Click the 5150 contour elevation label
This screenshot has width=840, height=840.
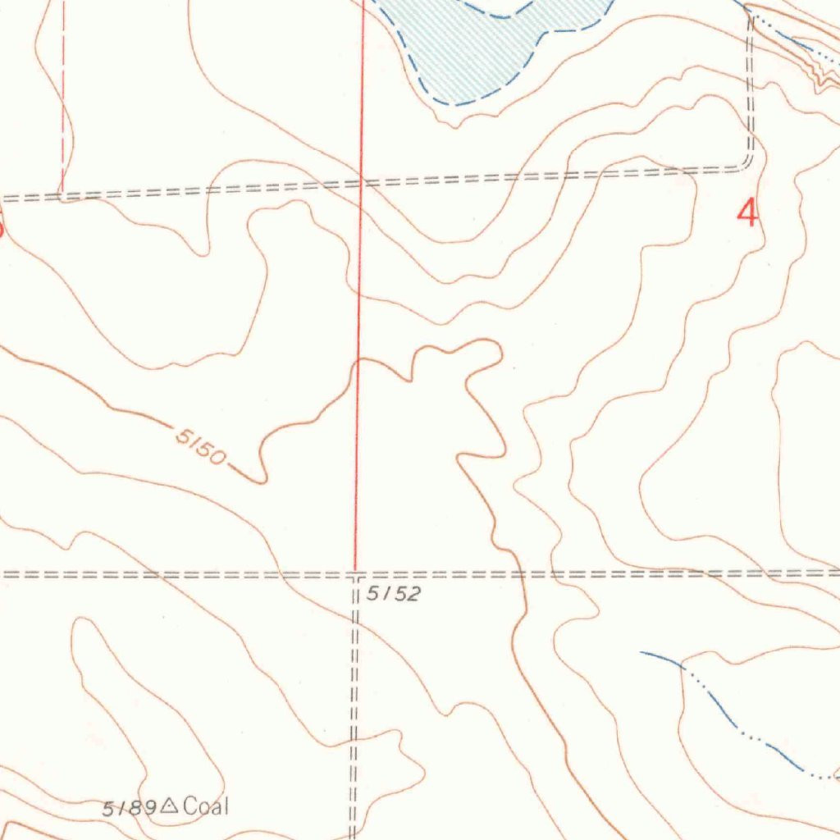(x=199, y=445)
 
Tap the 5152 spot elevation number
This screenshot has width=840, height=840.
(x=393, y=595)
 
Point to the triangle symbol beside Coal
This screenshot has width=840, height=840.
(x=169, y=806)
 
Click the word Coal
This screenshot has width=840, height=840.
(x=207, y=806)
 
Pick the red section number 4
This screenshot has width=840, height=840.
(x=747, y=213)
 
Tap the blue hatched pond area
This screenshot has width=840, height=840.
(x=484, y=49)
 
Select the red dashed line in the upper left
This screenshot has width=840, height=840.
(x=62, y=98)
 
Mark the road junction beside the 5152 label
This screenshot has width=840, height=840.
(x=355, y=574)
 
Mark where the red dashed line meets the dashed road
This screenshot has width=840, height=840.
(x=62, y=195)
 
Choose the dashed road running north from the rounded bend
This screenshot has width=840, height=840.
(x=751, y=82)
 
